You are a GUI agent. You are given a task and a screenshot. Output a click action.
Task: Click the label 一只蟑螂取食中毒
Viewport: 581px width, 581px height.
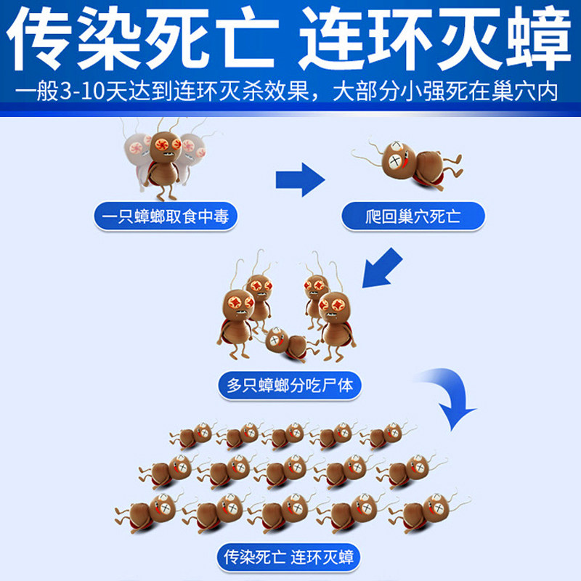[x=166, y=216]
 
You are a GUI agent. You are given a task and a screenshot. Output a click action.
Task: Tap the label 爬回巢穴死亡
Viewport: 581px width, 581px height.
[x=413, y=216]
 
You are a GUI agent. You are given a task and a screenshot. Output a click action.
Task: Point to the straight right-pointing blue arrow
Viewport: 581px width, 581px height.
[x=299, y=178]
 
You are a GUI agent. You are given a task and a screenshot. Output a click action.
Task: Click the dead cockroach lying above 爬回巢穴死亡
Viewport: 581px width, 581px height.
[x=410, y=162]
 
